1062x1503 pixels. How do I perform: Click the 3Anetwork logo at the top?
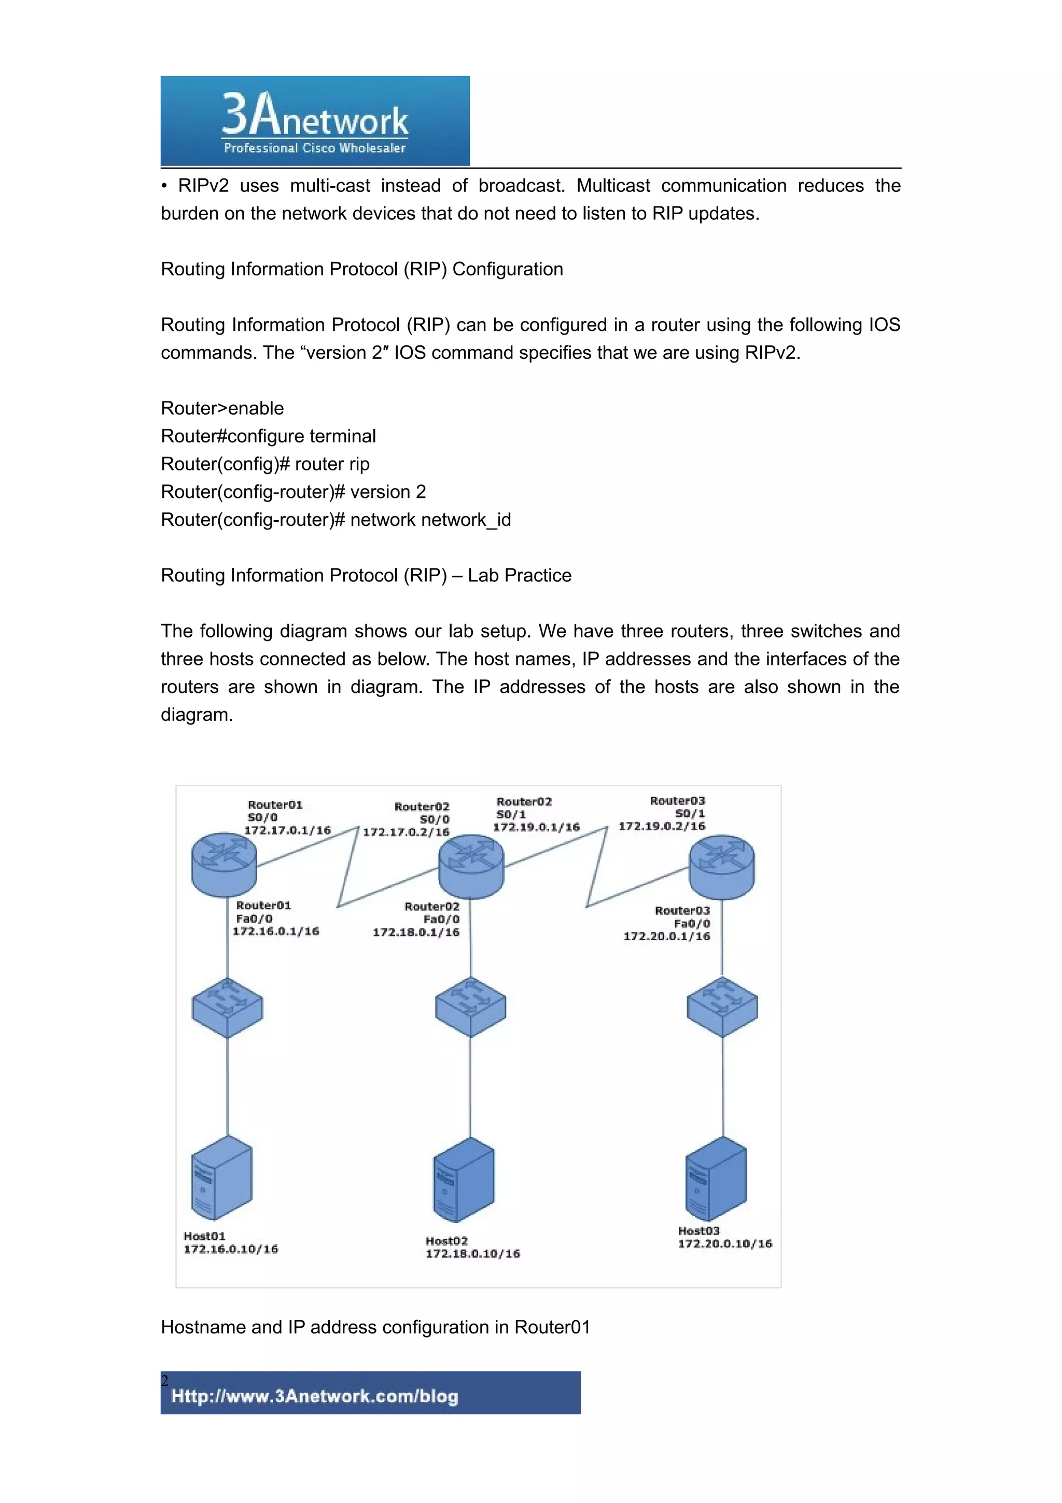(x=315, y=121)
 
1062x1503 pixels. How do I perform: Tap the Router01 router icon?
(x=224, y=864)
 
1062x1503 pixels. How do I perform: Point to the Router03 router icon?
(x=722, y=867)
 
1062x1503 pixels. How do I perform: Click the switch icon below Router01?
(x=227, y=1008)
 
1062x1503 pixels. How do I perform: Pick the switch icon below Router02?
(x=470, y=1007)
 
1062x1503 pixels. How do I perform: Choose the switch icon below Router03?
(x=722, y=1007)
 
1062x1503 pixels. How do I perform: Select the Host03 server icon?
(x=716, y=1178)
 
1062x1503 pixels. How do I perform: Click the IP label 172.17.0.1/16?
(x=287, y=830)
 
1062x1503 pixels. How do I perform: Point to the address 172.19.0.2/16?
(x=662, y=826)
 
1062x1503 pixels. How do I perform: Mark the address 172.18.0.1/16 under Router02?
(x=416, y=932)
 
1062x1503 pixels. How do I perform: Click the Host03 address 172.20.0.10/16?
(x=724, y=1244)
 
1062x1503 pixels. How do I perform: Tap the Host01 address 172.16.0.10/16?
(x=230, y=1249)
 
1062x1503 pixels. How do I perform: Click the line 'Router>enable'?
(x=222, y=409)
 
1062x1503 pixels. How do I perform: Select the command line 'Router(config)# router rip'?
(x=265, y=464)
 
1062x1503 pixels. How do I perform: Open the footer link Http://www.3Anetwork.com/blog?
(x=315, y=1396)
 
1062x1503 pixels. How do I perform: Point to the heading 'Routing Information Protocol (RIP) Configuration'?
(x=362, y=269)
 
